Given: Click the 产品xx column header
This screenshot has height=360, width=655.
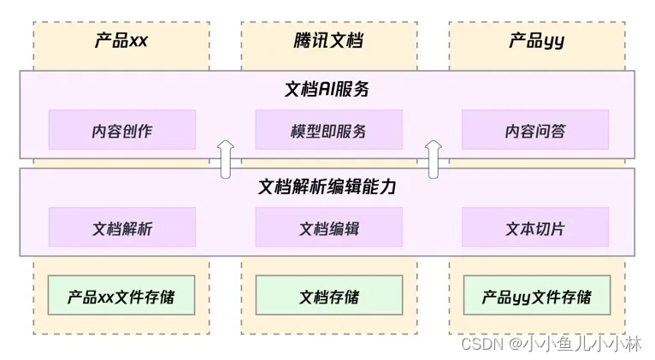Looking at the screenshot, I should [121, 41].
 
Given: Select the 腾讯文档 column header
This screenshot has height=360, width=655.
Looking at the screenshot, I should [328, 41].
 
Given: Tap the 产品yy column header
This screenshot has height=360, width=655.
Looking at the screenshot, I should [536, 41].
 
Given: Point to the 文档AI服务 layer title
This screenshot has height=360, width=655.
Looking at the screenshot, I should [327, 89].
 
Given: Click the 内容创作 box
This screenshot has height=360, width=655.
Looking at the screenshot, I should [121, 131].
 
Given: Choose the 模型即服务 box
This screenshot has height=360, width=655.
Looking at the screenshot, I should [328, 131].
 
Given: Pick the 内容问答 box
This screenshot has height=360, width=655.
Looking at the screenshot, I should [535, 131].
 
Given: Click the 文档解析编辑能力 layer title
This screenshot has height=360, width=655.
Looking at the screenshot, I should [327, 186].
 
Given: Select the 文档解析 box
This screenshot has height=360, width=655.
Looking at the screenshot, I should [121, 228].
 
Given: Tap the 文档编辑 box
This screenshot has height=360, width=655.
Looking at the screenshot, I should [328, 228].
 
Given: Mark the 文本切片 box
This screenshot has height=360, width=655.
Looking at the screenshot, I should [535, 228].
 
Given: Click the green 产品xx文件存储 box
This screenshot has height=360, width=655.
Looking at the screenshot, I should [121, 298].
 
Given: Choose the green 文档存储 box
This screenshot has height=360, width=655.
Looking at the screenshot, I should [328, 298].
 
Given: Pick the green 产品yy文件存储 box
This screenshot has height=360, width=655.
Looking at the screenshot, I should [536, 298].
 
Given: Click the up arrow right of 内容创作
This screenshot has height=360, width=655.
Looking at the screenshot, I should [226, 159].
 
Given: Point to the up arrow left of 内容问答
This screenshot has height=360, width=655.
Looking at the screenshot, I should [434, 159].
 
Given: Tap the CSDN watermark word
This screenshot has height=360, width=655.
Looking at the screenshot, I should [481, 343].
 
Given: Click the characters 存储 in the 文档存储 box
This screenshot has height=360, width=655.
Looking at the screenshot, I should [344, 298].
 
